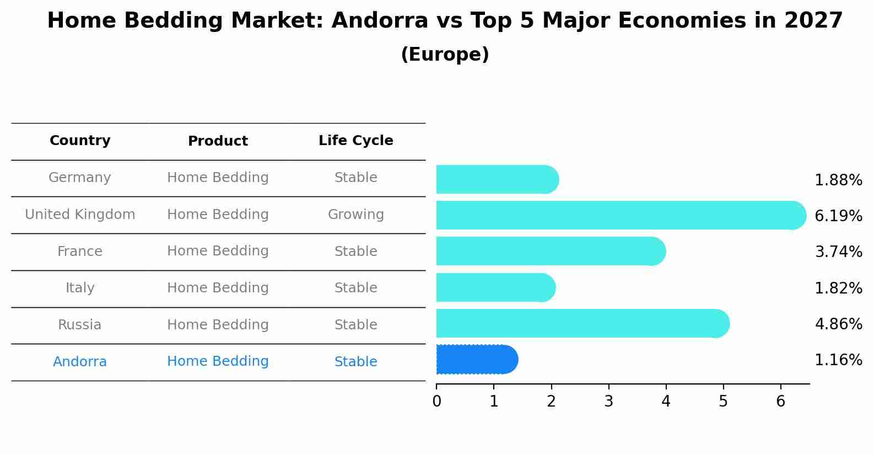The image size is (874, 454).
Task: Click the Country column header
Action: (x=80, y=141)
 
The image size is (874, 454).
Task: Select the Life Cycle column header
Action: (x=355, y=141)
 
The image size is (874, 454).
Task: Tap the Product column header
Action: (x=218, y=141)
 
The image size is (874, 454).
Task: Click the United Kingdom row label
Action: (x=80, y=215)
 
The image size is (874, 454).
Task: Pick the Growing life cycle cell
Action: (x=355, y=215)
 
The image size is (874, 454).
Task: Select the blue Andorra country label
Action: (x=80, y=362)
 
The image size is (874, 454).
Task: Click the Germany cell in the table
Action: (x=80, y=178)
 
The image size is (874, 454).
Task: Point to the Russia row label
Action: (x=80, y=325)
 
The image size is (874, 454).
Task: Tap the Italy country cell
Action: (x=80, y=288)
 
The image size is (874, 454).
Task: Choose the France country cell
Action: (x=80, y=252)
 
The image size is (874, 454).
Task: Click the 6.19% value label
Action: (x=838, y=216)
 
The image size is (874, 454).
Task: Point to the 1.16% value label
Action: (x=838, y=360)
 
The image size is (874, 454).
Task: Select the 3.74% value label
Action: (x=838, y=252)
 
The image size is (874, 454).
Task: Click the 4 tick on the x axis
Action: (x=666, y=402)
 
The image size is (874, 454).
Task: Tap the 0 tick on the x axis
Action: (x=436, y=402)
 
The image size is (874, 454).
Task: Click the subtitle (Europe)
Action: (x=445, y=55)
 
